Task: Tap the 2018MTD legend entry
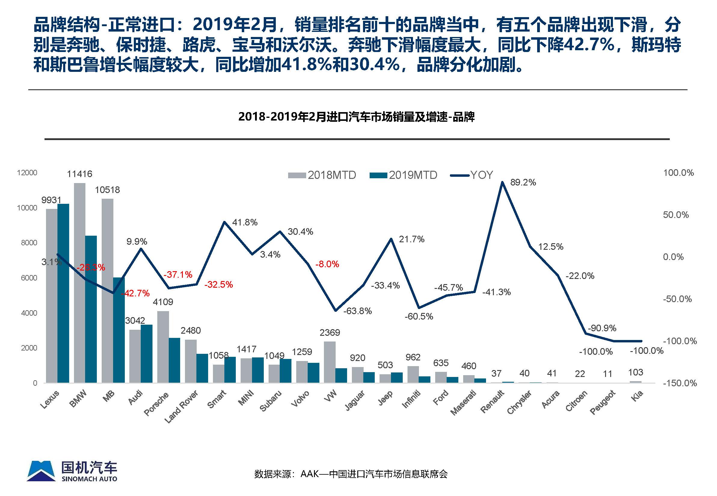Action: click(x=322, y=175)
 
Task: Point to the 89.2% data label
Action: click(x=523, y=182)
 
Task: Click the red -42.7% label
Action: click(x=136, y=293)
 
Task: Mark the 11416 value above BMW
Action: click(x=80, y=174)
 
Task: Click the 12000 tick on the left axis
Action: click(x=27, y=173)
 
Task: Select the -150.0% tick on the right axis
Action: click(x=680, y=383)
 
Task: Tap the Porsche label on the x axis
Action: click(x=156, y=403)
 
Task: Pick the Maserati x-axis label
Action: click(x=463, y=403)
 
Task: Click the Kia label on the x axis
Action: click(x=637, y=396)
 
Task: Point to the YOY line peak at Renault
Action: click(x=502, y=182)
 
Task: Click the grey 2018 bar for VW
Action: click(x=330, y=362)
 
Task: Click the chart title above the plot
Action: click(x=356, y=117)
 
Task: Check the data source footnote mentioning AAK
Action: click(x=351, y=474)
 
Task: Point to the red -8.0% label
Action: click(x=327, y=264)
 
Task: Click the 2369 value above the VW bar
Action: click(x=330, y=332)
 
